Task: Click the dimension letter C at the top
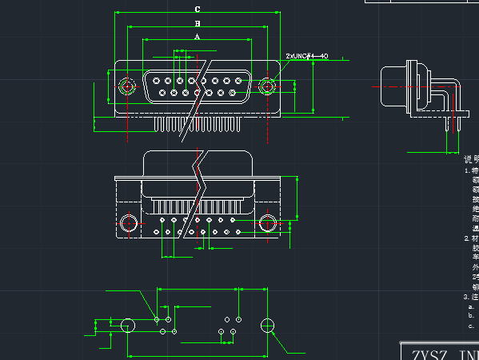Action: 198,9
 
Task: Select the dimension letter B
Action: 198,24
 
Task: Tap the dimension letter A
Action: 198,37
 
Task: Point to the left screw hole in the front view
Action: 126,86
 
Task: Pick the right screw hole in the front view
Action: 267,86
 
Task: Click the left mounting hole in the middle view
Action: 128,222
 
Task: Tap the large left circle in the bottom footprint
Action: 128,325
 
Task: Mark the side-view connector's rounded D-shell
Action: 393,86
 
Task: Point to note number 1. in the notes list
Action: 467,170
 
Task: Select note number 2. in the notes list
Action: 467,238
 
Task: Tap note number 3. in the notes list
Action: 467,297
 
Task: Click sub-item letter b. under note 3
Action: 472,316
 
